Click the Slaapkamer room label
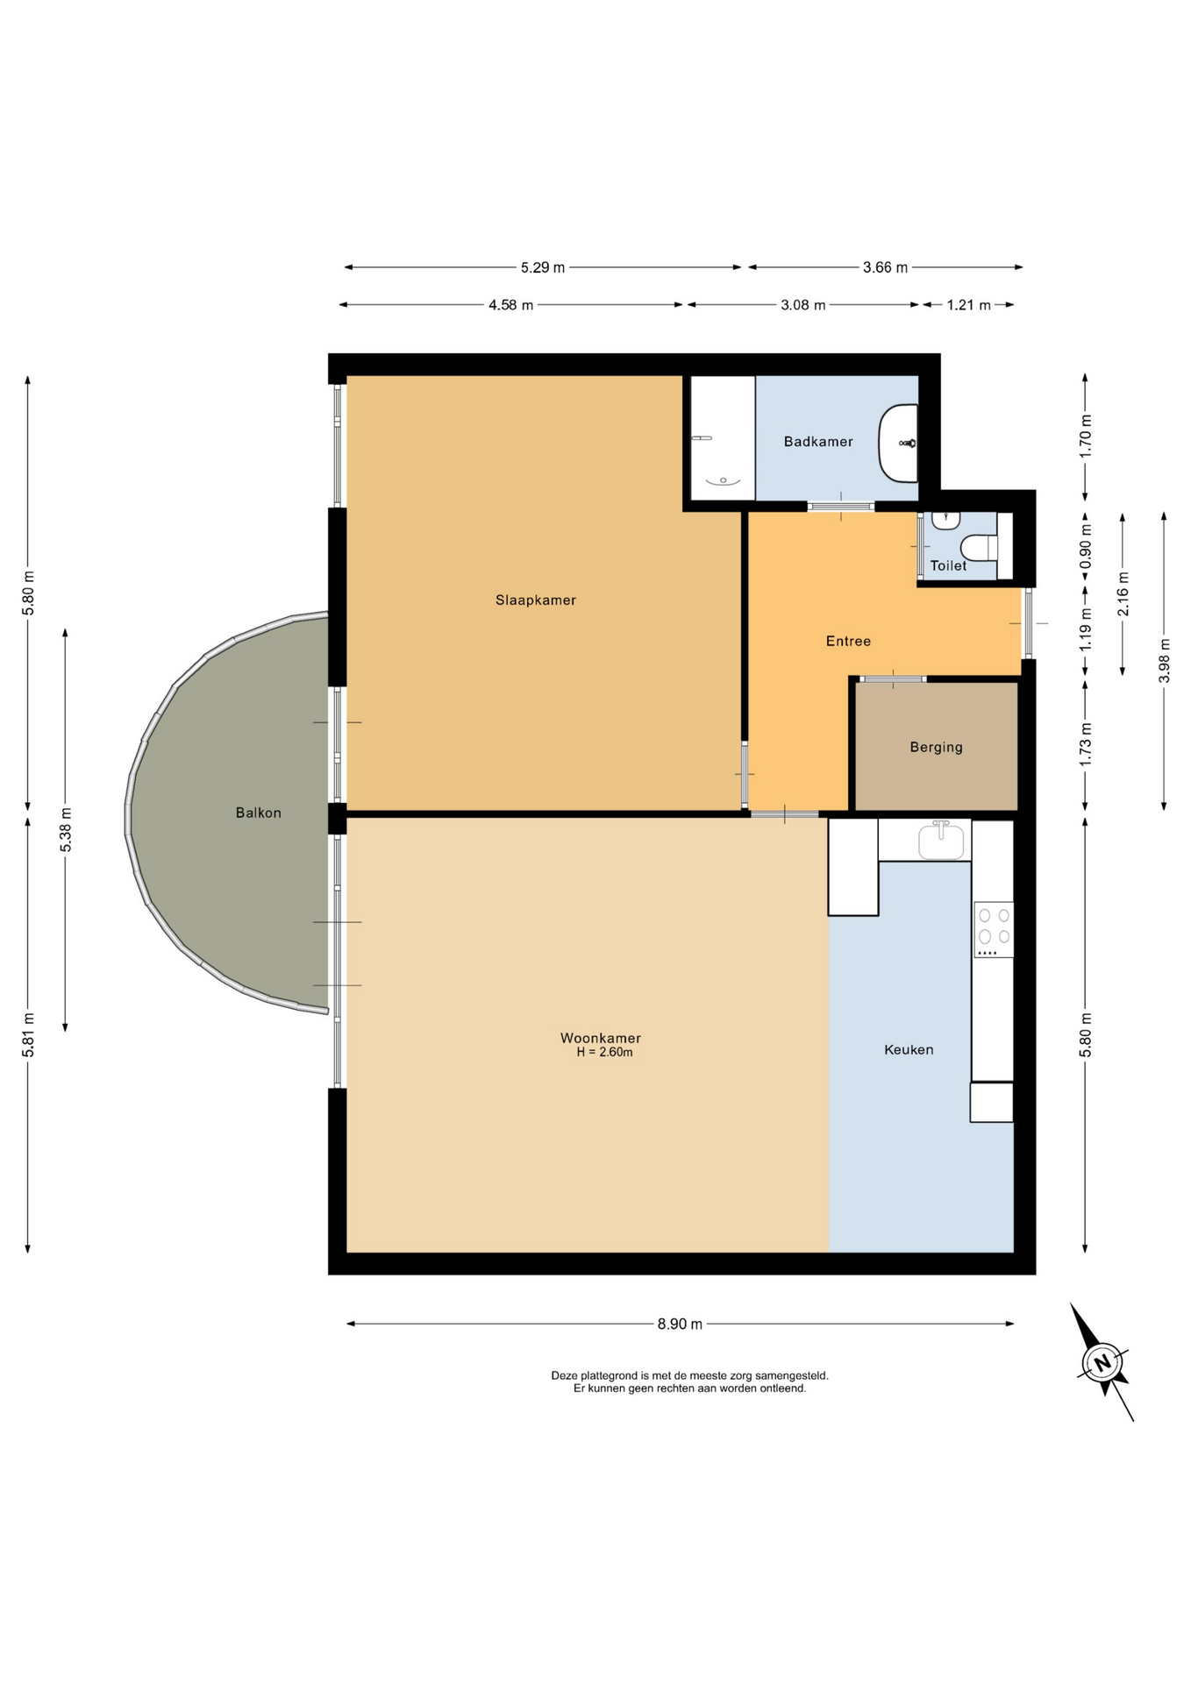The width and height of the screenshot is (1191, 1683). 535,600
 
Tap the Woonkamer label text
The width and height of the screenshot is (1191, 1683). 601,1038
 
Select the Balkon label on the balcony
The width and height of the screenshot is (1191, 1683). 259,813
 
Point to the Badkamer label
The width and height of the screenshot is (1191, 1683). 818,442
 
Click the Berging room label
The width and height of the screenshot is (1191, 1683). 937,748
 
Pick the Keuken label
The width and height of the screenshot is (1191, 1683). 909,1049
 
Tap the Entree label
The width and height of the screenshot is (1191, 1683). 848,642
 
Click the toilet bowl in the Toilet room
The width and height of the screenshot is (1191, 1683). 980,548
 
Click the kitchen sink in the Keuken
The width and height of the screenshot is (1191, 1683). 941,841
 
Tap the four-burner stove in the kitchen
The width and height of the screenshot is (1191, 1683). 994,929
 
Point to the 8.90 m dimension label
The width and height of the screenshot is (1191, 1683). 680,1324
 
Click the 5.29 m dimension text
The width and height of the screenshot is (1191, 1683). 543,267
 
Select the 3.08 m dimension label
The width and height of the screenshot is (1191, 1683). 803,305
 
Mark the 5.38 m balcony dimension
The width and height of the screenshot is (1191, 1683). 66,830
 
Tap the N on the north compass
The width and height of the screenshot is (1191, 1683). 1102,1363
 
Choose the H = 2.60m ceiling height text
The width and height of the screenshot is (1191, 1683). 604,1053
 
